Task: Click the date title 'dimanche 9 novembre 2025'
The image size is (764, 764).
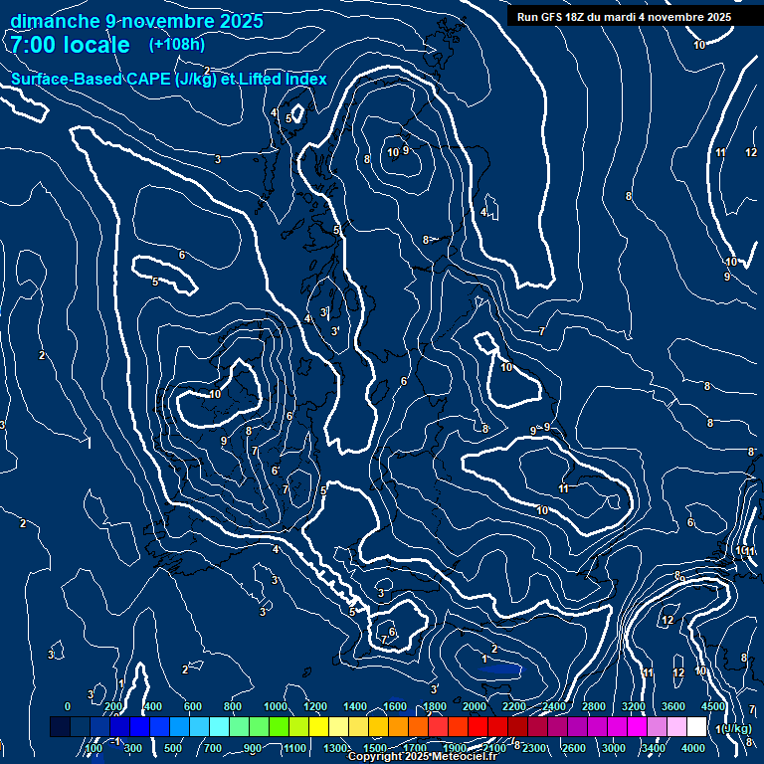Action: pos(136,21)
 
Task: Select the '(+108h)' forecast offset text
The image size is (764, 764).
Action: pos(177,45)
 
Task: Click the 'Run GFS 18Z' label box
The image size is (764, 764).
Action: pos(624,17)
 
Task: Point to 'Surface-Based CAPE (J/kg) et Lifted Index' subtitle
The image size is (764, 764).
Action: pos(169,80)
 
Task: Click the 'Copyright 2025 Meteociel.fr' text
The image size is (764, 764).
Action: pos(422,757)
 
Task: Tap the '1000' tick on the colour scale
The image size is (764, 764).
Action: pos(275,706)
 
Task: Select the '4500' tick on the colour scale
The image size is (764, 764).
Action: pos(712,706)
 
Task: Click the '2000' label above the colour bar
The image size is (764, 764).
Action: pos(474,706)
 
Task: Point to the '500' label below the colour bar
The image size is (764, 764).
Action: pos(173,748)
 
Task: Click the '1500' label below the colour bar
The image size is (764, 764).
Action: pos(375,748)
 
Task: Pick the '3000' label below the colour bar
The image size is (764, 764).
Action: pos(614,748)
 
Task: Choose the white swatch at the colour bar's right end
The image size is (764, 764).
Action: pos(696,727)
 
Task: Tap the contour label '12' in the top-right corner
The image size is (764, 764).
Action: pos(751,152)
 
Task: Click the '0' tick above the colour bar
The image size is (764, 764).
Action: pos(68,706)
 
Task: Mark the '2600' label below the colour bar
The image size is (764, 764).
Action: pos(574,748)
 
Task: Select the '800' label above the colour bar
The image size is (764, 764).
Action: pos(233,706)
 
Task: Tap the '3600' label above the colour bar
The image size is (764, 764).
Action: pos(672,706)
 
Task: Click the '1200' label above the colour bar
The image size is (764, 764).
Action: pos(314,706)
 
